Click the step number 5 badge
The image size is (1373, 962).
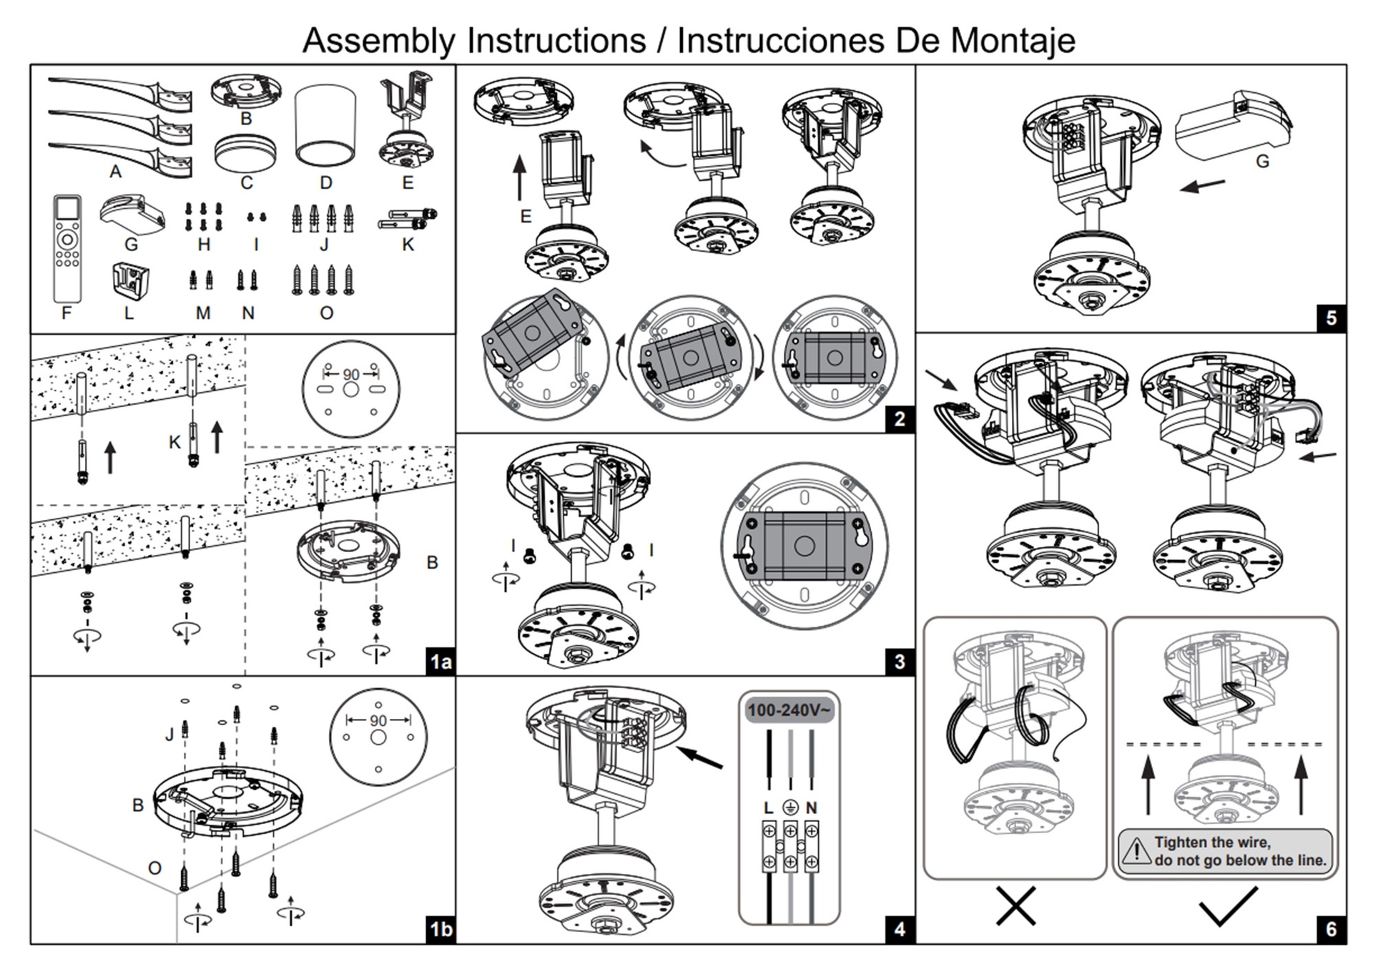tap(1331, 318)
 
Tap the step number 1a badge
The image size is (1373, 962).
tap(441, 662)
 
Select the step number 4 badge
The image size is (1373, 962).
tap(900, 929)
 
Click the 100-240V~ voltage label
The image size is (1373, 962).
tap(789, 710)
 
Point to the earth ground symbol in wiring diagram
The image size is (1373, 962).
tap(790, 808)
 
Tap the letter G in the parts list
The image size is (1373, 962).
tap(131, 245)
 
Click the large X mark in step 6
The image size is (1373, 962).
tap(1015, 907)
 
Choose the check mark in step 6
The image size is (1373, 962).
tap(1227, 907)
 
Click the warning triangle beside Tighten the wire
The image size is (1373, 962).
tap(1136, 851)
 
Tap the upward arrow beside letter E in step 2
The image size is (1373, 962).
tap(520, 178)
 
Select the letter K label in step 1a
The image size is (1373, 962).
tap(174, 443)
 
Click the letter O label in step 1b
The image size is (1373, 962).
tap(154, 868)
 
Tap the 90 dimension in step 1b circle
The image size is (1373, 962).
tap(378, 721)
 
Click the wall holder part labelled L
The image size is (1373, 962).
tap(131, 280)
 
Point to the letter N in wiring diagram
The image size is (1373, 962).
tap(812, 808)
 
